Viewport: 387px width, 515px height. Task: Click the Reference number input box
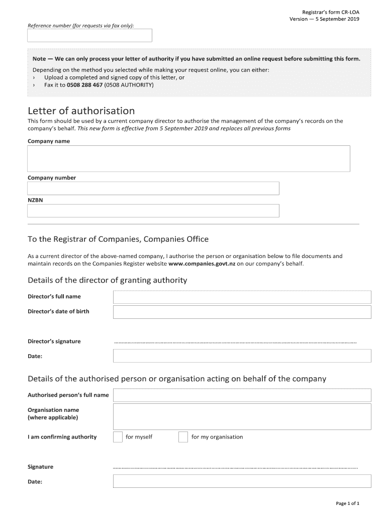click(x=89, y=35)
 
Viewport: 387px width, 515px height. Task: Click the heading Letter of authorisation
click(x=81, y=111)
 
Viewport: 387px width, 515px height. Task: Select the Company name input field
click(x=188, y=158)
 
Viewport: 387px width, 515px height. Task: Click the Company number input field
click(x=153, y=188)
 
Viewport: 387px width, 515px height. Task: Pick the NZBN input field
click(x=153, y=211)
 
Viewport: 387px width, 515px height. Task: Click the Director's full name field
click(x=242, y=297)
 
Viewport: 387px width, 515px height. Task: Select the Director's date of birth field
click(x=242, y=312)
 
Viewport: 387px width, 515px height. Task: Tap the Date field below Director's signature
click(x=242, y=356)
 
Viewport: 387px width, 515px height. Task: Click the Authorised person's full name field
click(x=242, y=395)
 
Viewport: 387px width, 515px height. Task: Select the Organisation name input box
click(x=242, y=416)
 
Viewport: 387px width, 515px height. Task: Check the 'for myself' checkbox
click(x=118, y=437)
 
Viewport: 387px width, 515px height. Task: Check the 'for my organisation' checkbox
click(x=183, y=437)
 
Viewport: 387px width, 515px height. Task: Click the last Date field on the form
click(x=242, y=481)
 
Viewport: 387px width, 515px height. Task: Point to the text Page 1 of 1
click(x=347, y=503)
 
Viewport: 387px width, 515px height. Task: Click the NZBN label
click(x=35, y=200)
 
